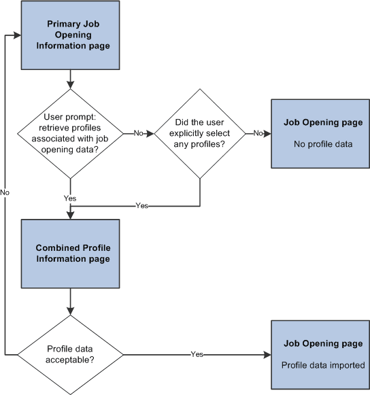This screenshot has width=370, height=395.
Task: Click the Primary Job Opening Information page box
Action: pos(69,35)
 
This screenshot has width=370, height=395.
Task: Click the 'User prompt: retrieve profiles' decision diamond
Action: pos(69,133)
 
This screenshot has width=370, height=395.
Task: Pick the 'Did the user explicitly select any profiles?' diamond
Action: pos(199,133)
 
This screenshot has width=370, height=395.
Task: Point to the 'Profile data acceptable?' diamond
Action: pos(69,354)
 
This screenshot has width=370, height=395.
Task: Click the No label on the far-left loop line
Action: pos(5,193)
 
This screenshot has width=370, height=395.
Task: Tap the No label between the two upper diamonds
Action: pos(138,133)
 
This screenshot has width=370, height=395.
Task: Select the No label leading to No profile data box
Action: pos(258,133)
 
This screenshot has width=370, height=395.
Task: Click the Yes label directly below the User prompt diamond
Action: pos(69,198)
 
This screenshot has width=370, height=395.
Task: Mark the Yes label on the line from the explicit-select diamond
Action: pos(141,205)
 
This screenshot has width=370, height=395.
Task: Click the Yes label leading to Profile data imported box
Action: pos(197,354)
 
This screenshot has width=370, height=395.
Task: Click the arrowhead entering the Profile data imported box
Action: pos(267,354)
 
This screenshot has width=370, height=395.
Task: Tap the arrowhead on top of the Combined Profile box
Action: pos(69,214)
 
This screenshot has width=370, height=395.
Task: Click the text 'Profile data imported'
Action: pos(324,365)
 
